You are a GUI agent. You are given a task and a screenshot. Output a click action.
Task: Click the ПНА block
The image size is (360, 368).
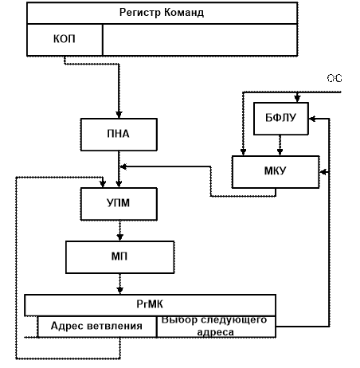(x=119, y=135)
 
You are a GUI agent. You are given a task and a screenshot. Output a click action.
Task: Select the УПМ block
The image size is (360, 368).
(x=119, y=204)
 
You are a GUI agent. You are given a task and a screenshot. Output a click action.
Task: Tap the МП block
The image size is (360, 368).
(x=119, y=257)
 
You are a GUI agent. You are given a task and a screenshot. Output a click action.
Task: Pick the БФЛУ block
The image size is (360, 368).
(x=281, y=119)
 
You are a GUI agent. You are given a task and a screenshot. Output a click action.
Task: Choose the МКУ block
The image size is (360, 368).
(x=276, y=172)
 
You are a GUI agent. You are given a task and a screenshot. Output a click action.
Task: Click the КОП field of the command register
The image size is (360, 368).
(x=65, y=40)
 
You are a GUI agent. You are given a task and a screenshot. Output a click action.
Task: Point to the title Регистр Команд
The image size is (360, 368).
(x=162, y=13)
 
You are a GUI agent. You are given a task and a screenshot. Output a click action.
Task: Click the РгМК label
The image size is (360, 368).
(x=150, y=304)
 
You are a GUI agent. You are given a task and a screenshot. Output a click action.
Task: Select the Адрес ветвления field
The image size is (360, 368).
(x=97, y=327)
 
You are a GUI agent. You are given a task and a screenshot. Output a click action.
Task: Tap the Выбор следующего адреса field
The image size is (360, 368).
(x=216, y=327)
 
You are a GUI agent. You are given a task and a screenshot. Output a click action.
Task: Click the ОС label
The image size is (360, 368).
(x=335, y=79)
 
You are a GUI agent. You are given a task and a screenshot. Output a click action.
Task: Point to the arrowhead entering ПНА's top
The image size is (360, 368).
(x=119, y=115)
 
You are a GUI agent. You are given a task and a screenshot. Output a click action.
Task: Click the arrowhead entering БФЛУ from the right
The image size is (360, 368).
(x=312, y=119)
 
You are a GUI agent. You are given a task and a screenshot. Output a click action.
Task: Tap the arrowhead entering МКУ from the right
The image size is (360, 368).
(x=323, y=172)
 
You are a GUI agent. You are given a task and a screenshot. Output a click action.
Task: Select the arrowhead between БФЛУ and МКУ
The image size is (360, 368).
(x=280, y=152)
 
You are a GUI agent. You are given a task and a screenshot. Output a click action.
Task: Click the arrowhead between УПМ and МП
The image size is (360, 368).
(x=120, y=237)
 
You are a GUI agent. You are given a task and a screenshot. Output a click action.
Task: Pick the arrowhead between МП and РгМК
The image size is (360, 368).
(x=120, y=291)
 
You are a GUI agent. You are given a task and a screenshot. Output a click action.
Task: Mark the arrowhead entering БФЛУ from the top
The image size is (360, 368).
(x=297, y=99)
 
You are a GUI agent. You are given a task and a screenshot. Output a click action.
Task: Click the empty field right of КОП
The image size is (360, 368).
(x=200, y=40)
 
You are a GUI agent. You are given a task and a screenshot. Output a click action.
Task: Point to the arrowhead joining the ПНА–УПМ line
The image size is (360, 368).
(x=123, y=166)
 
